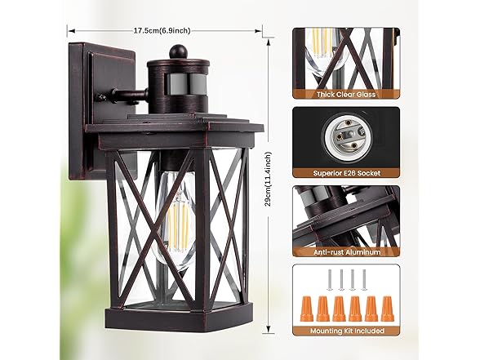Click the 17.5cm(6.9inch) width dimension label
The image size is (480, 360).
coord(162,31)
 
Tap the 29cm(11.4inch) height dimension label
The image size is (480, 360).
coord(269,179)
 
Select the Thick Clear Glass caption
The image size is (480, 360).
coord(346,95)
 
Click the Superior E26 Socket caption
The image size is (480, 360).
coord(346,173)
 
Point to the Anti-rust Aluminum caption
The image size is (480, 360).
coord(347,252)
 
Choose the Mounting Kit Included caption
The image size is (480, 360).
coord(347,331)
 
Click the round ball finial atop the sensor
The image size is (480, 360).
coord(176,51)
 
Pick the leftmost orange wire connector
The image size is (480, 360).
coord(307,308)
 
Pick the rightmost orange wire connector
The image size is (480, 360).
coord(387,308)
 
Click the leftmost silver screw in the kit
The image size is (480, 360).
coord(329,279)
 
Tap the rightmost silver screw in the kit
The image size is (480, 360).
coord(364,279)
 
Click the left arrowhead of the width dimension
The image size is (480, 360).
coord(71,31)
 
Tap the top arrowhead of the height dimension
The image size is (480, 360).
coord(269,42)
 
